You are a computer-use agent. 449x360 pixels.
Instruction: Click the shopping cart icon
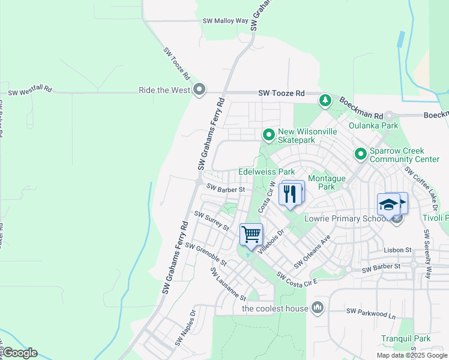coord(251,234)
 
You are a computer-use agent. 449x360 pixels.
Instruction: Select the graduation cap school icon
coord(389,205)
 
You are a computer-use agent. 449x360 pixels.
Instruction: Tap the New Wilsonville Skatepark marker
coord(269,135)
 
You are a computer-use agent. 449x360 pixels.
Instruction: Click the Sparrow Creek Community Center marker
coord(360,154)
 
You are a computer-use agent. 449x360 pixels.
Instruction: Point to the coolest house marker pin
coord(318,308)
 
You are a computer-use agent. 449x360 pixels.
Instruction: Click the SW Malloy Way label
coord(226,20)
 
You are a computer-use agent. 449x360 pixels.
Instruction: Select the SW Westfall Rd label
coord(30,92)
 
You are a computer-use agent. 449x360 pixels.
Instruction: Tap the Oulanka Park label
coord(381,126)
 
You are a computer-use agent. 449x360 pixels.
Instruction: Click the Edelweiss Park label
coord(266,172)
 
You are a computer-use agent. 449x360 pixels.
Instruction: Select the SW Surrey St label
coord(211,221)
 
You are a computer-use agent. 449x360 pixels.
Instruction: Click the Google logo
coord(20,353)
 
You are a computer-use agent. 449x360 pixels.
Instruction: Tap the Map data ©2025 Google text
coord(412,355)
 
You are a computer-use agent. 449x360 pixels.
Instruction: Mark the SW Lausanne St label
coord(228,284)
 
